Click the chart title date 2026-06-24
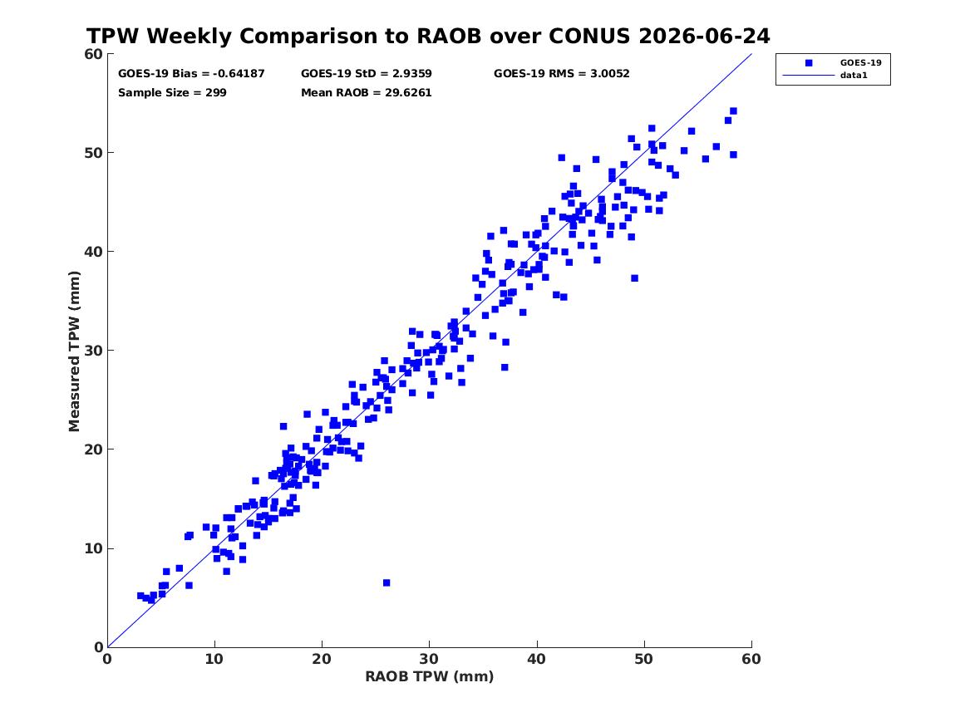(x=704, y=36)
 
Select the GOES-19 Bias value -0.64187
(x=239, y=74)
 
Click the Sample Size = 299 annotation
(x=172, y=93)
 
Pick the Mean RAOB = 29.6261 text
(x=367, y=93)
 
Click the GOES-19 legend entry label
(x=860, y=62)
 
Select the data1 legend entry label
(x=854, y=76)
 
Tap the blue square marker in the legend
(x=809, y=62)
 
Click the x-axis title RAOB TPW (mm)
(x=430, y=676)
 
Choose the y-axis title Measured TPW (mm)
(x=74, y=351)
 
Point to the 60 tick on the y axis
(x=93, y=54)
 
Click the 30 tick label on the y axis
(x=93, y=351)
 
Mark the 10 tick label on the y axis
(x=93, y=548)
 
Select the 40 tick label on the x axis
(x=537, y=659)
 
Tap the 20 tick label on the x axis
(x=322, y=659)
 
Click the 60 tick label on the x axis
(x=751, y=659)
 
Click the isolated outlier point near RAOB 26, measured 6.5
(x=387, y=583)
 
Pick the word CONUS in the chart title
(x=589, y=36)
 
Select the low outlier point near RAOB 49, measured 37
(x=635, y=278)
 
